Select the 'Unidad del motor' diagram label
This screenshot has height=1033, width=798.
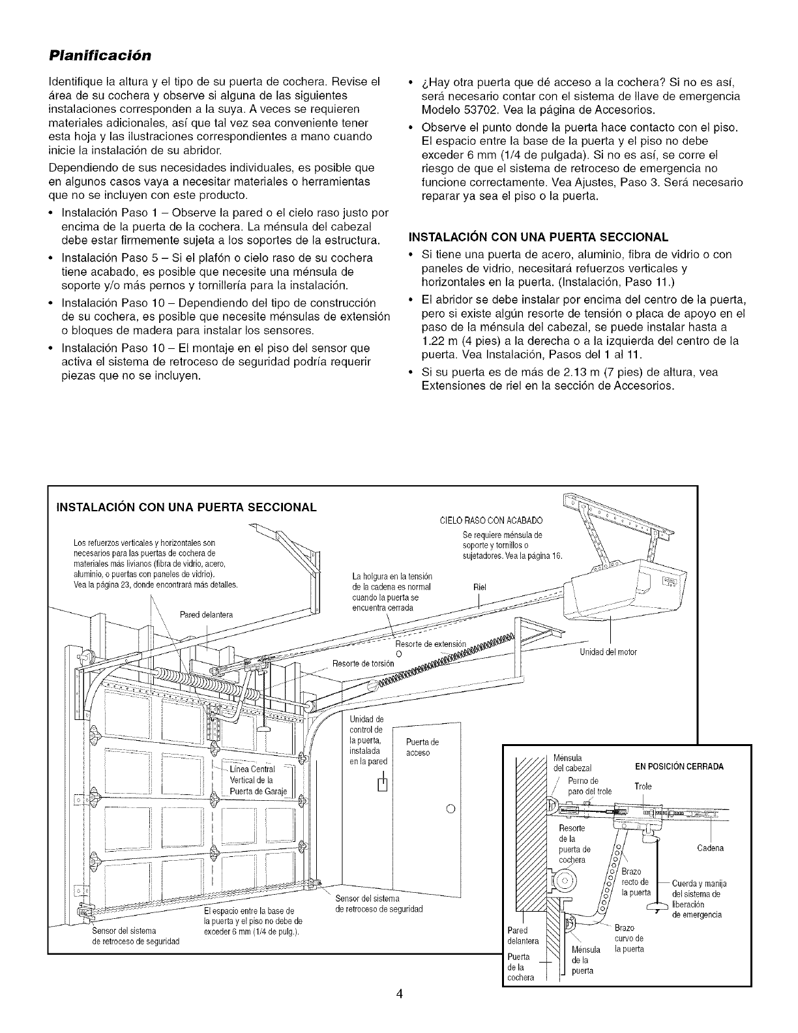(608, 651)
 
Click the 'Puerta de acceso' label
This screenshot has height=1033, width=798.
(422, 747)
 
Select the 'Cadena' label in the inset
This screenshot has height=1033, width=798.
(710, 848)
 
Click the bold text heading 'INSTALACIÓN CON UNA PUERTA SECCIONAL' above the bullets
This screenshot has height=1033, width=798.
(538, 236)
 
